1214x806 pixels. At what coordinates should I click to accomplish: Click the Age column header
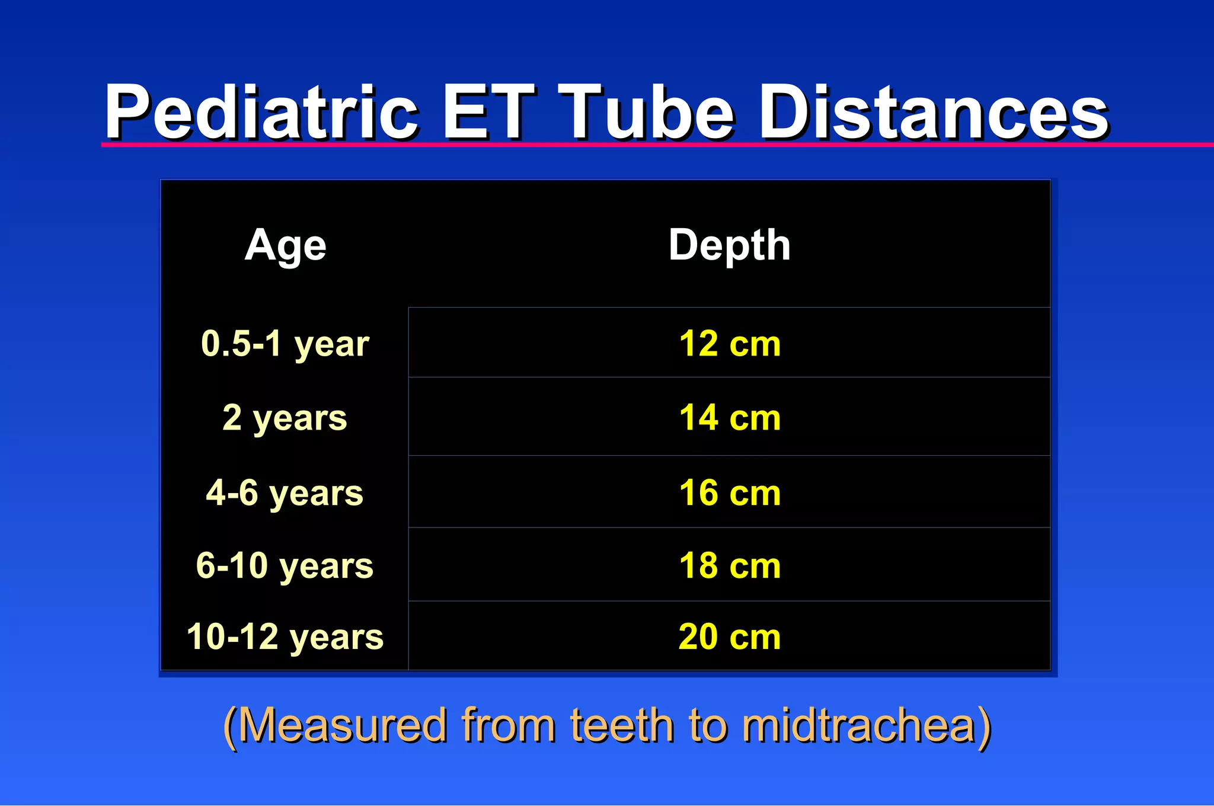(285, 245)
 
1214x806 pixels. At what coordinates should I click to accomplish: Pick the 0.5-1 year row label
(285, 344)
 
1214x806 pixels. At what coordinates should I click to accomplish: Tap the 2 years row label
(285, 418)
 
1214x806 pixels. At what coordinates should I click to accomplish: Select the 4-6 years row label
(285, 492)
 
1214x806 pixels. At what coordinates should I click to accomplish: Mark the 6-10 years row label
(285, 565)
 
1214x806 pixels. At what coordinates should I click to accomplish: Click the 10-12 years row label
(285, 637)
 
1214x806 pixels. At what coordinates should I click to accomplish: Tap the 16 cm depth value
(729, 492)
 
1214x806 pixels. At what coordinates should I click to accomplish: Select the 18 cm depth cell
(729, 565)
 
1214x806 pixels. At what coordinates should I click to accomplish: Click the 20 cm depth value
(729, 637)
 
